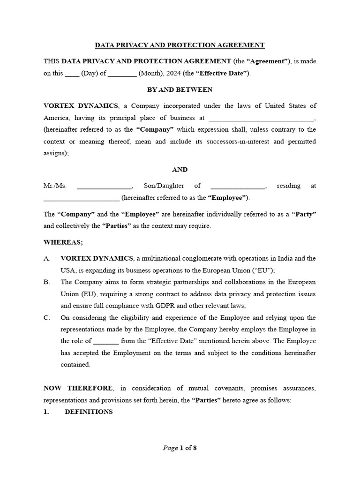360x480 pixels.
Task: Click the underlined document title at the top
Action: pyautogui.click(x=180, y=45)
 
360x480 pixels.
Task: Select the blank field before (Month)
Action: pyautogui.click(x=122, y=74)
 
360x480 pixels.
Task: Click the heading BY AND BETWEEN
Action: pyautogui.click(x=180, y=89)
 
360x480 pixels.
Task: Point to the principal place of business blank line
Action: pyautogui.click(x=261, y=118)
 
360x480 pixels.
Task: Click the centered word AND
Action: pyautogui.click(x=180, y=169)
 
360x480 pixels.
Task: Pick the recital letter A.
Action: pyautogui.click(x=46, y=258)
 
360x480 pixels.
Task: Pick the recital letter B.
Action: pyautogui.click(x=46, y=282)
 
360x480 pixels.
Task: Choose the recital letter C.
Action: pyautogui.click(x=46, y=318)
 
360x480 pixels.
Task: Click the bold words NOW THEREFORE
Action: pyautogui.click(x=78, y=388)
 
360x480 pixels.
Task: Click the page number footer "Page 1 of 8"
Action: pyautogui.click(x=180, y=448)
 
